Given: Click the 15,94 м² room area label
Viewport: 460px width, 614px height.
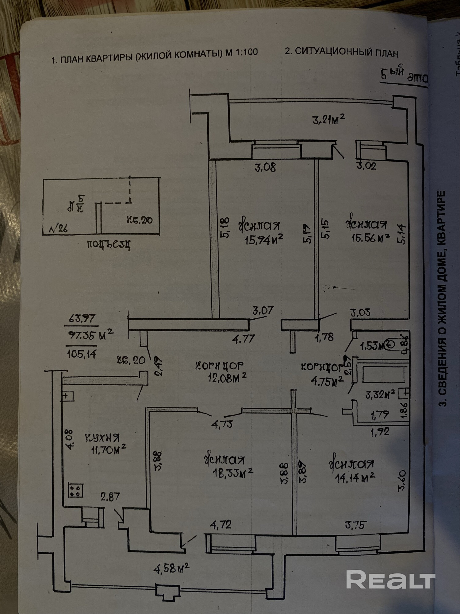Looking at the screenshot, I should point(263,240).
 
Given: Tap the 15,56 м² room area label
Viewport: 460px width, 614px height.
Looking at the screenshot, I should point(370,238).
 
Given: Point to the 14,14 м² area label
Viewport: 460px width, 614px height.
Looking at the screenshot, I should point(355,478).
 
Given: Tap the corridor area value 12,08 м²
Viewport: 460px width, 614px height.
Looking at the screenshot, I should point(227,378).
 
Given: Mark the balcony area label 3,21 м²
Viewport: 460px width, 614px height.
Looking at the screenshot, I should point(328,119).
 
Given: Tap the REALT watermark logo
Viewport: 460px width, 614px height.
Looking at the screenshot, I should point(390,579).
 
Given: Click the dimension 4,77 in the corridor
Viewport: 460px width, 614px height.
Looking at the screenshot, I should point(243,339).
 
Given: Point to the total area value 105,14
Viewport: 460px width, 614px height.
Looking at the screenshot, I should point(82,354).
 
